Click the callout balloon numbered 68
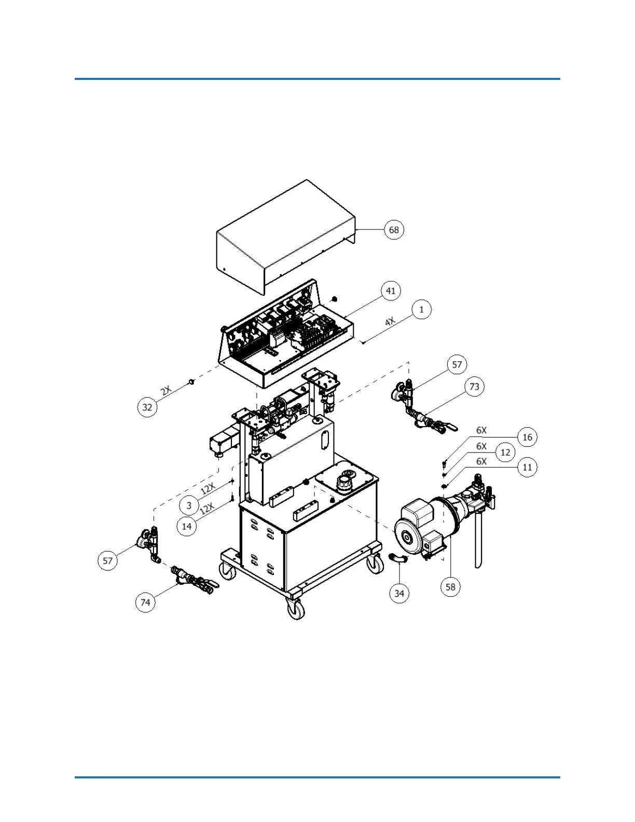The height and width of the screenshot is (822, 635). [394, 229]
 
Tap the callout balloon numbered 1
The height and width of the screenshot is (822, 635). [421, 309]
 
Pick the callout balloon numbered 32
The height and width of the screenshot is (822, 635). [147, 407]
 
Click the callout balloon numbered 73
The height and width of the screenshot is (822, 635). [474, 387]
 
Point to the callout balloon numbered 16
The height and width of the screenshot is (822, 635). [527, 437]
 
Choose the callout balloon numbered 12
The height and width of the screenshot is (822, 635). [505, 453]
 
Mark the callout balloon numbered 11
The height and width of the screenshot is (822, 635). [527, 467]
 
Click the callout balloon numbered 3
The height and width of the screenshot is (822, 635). [189, 505]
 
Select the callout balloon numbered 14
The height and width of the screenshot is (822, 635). [187, 526]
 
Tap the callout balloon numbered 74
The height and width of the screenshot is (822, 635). [145, 602]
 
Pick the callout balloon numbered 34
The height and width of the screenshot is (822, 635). [399, 593]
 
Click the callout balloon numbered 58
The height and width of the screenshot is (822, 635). [450, 586]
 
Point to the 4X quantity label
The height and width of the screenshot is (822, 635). [390, 322]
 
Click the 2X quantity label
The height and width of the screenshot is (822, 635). [166, 390]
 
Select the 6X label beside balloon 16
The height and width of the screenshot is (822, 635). [481, 430]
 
